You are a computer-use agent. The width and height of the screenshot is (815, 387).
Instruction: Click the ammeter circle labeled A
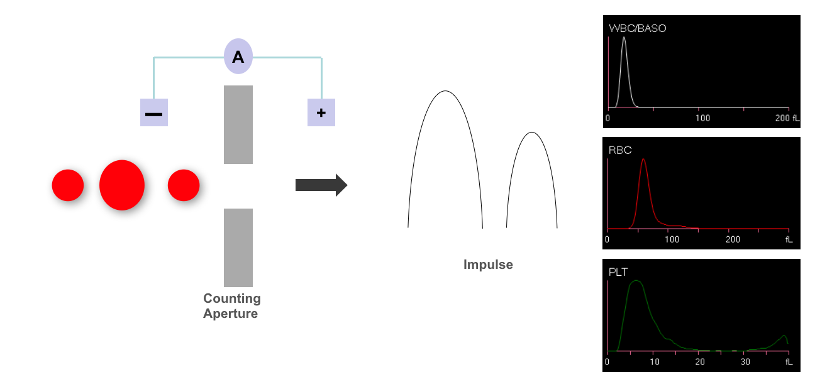pos(238,57)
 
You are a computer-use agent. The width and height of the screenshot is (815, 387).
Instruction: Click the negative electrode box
pos(154,112)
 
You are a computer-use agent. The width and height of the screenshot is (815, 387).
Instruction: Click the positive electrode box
pos(321,112)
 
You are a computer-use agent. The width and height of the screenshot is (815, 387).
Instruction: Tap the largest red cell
pos(122,185)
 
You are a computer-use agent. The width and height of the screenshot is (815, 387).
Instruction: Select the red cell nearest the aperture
pos(184,185)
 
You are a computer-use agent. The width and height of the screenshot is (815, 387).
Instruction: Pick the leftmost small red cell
pos(68,185)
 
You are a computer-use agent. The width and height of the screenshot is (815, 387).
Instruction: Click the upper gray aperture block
pos(238,124)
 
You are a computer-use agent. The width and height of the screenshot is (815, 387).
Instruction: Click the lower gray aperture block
pos(238,248)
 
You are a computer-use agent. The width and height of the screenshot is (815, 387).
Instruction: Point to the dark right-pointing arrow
pos(321,185)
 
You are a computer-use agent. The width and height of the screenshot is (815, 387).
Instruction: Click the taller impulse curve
pos(445,92)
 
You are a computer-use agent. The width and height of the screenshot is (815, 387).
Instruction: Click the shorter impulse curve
pos(532,133)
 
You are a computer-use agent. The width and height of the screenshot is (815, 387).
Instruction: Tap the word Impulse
pos(488,264)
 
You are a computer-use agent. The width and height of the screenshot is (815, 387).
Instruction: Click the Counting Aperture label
pos(231,306)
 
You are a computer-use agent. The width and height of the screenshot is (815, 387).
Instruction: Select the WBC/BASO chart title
pos(638,28)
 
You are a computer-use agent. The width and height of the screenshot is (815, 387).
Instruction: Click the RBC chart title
pos(620,150)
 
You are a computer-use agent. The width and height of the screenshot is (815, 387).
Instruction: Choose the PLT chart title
pos(619,272)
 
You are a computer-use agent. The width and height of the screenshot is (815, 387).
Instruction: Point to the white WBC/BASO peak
pos(624,38)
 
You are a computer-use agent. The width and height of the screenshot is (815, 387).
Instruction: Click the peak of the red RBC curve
pos(643,160)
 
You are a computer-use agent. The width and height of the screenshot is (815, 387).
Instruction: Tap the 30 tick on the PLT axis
pos(745,362)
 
